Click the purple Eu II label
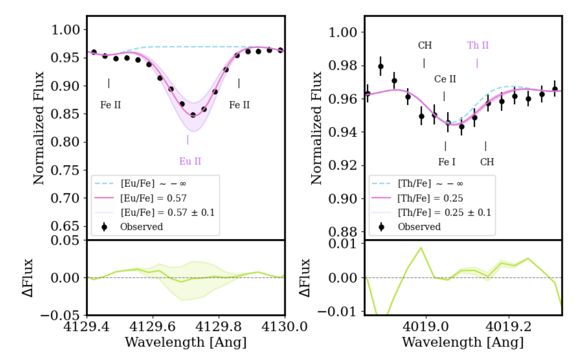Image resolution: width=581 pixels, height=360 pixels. coord(190,161)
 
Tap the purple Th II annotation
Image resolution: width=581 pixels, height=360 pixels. coord(478,45)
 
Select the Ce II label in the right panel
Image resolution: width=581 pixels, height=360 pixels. coord(445,79)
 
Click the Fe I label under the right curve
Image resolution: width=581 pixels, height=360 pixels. coord(447,162)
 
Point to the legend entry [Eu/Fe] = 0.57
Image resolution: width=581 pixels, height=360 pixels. coord(153,198)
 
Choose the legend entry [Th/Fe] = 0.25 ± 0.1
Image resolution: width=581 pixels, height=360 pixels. coord(444,212)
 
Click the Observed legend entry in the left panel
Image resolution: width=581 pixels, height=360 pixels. coord(141,227)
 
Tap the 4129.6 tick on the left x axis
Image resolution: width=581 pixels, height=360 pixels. coord(153,326)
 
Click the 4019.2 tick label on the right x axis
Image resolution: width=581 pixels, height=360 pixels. coord(508,326)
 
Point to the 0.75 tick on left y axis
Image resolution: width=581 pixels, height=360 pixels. coord(65,170)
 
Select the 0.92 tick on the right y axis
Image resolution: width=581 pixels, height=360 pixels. coord(342,165)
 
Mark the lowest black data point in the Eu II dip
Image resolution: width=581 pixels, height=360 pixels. coord(193,115)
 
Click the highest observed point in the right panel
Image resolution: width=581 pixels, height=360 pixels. coord(380,67)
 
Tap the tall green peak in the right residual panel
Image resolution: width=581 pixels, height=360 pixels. coord(421,247)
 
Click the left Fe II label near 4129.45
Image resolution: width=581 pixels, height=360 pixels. coord(110,105)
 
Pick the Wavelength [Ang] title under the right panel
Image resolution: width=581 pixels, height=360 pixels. coord(463,342)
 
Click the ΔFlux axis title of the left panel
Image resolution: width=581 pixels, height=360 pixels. coord(28,278)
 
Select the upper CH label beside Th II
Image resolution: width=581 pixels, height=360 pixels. coord(425,45)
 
